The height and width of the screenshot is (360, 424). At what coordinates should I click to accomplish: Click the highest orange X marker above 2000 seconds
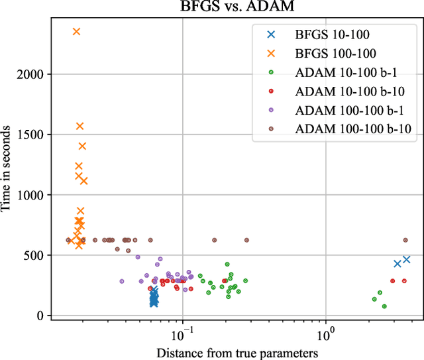76,31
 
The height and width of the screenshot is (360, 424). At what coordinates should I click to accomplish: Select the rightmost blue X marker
407,259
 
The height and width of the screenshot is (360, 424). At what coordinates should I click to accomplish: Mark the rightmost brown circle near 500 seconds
405,240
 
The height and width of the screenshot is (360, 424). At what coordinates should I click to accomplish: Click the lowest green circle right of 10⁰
384,306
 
